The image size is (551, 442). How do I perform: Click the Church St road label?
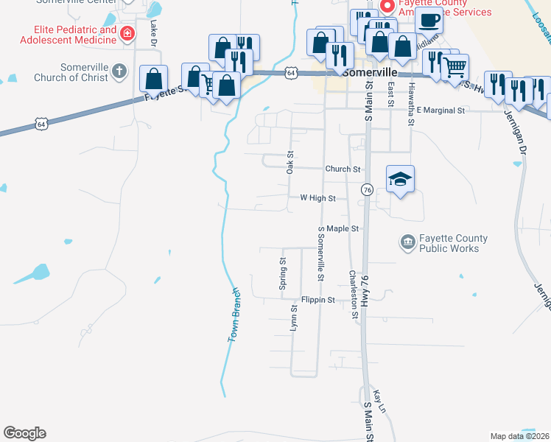click(x=343, y=169)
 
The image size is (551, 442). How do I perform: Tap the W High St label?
click(x=317, y=198)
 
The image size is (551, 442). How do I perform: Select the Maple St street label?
click(x=343, y=228)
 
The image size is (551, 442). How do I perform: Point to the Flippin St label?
click(x=318, y=300)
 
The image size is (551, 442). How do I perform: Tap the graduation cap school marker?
click(x=400, y=179)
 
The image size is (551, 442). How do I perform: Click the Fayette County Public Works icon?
click(x=407, y=242)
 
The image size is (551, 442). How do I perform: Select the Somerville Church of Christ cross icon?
click(x=122, y=71)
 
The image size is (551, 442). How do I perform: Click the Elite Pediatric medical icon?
click(x=127, y=33)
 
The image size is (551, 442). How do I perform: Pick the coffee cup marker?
click(x=430, y=21)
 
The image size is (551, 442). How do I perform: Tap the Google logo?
click(x=24, y=433)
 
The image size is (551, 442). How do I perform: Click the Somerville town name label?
click(x=368, y=74)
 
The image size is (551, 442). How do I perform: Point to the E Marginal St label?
click(x=441, y=110)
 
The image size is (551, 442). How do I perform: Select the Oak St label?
click(x=291, y=162)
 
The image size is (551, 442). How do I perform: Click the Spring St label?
click(x=282, y=273)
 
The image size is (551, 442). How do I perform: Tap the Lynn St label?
click(x=293, y=318)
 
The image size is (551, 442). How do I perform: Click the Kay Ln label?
click(x=379, y=401)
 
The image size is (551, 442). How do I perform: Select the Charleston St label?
click(x=354, y=294)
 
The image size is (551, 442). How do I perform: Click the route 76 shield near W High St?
click(x=366, y=190)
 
